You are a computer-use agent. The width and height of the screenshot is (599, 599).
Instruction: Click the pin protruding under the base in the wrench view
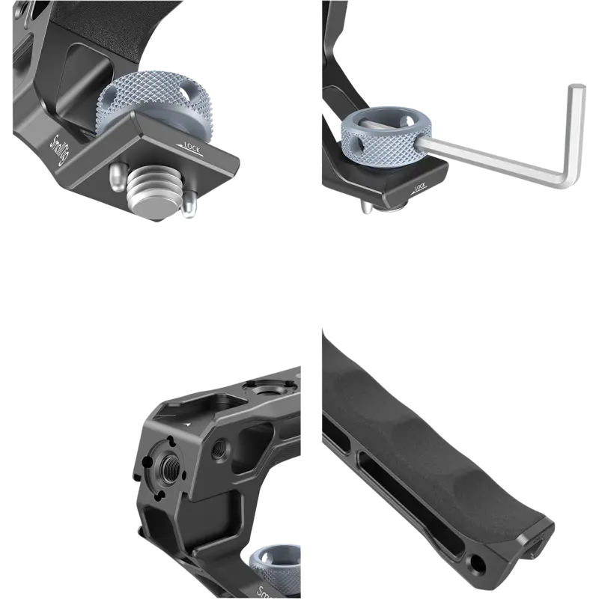[x=366, y=207]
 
